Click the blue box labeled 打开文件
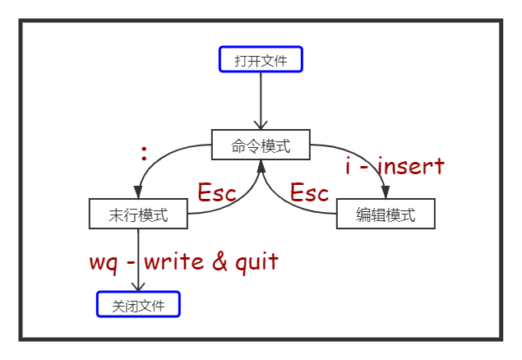click(x=261, y=59)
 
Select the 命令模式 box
click(x=261, y=145)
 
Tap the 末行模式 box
click(x=138, y=215)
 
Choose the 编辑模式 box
click(x=386, y=214)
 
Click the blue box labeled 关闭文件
click(x=138, y=305)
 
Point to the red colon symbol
click(x=144, y=154)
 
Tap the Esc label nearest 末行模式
click(x=217, y=193)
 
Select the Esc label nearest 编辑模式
click(x=310, y=193)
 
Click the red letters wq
click(x=105, y=262)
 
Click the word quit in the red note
click(x=256, y=263)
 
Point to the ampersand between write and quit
click(x=219, y=262)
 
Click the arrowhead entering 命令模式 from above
click(x=261, y=125)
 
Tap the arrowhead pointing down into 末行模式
click(x=138, y=194)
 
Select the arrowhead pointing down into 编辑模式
click(x=386, y=194)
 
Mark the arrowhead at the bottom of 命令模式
click(x=261, y=165)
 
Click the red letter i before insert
click(x=349, y=167)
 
